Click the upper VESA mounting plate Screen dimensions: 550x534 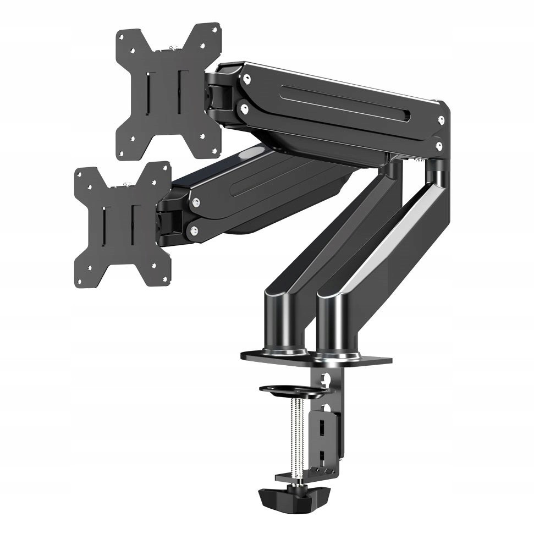point(168,91)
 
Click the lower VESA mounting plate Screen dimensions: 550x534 point(122,224)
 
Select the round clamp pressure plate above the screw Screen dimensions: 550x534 point(294,391)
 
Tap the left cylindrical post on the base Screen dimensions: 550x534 point(284,322)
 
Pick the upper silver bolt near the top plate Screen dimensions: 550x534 point(247,79)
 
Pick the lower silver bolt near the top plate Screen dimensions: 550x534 point(244,109)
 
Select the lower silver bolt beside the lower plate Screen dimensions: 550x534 point(193,232)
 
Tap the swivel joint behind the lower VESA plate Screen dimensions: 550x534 point(167,220)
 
